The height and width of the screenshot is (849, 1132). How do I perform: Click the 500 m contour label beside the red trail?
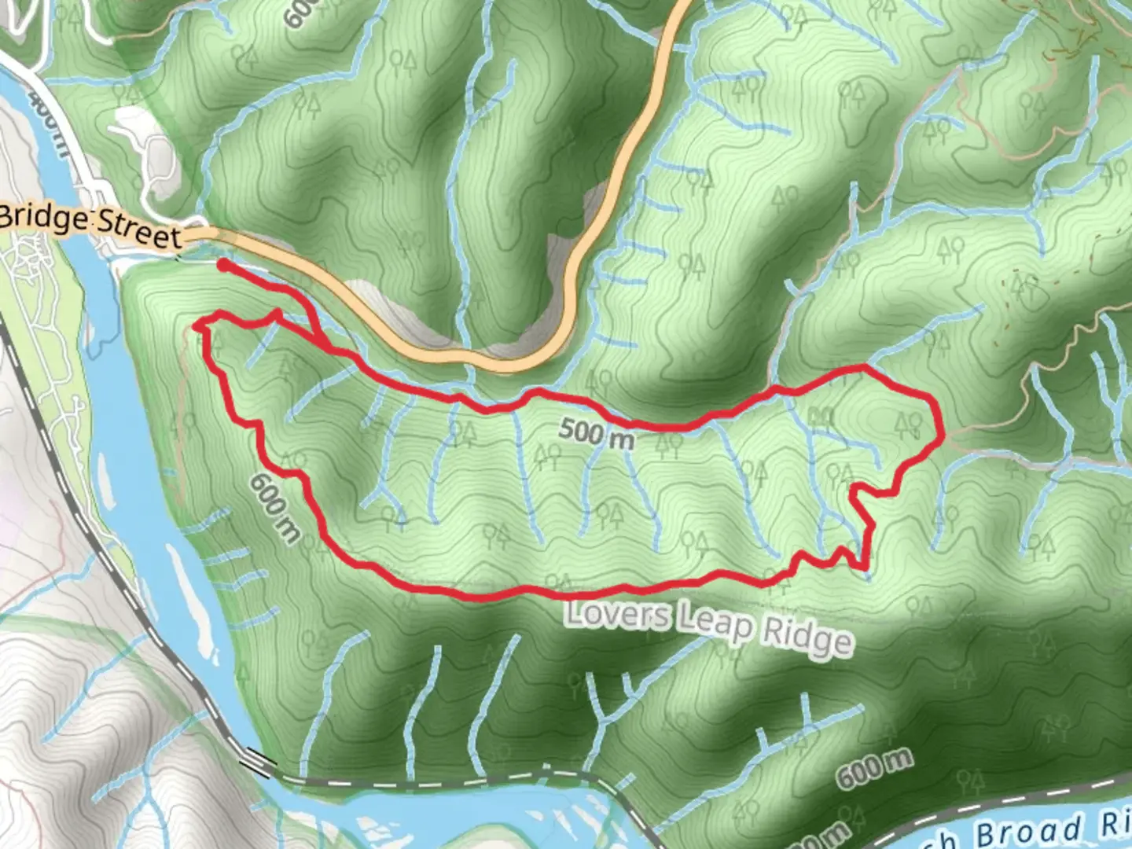point(596,433)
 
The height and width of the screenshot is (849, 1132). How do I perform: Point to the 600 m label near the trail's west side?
point(275,507)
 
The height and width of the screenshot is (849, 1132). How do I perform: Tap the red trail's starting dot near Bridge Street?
point(223,266)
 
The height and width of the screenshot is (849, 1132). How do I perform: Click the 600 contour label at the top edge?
point(303,12)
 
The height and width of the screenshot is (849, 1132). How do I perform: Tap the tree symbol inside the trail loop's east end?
point(909,425)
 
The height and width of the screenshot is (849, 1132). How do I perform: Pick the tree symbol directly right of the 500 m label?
point(669,445)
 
